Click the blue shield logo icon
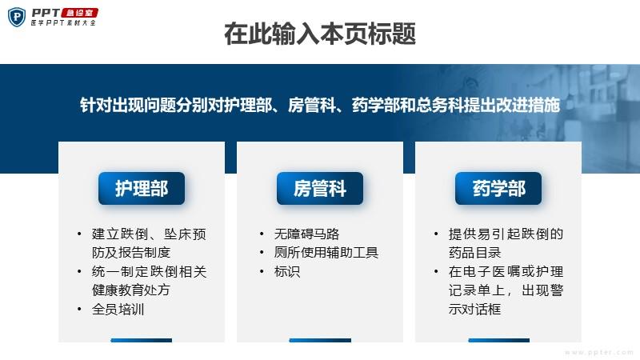(x=17, y=17)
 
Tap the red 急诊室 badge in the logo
(x=79, y=13)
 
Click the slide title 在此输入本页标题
(x=320, y=34)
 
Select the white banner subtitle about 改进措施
(x=319, y=105)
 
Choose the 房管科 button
(x=320, y=188)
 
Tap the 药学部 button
(x=498, y=188)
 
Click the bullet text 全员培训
(x=118, y=309)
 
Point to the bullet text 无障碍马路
(x=306, y=234)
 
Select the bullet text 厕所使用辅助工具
(x=326, y=253)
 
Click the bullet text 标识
(x=287, y=271)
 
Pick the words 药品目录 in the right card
(x=474, y=253)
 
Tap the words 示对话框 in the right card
(x=474, y=309)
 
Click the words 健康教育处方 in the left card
(x=131, y=290)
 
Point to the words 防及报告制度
(x=131, y=253)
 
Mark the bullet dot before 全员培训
(x=79, y=309)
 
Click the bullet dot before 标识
(x=262, y=271)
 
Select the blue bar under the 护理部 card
(x=142, y=340)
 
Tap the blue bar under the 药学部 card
(x=498, y=340)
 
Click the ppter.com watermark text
(x=599, y=352)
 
